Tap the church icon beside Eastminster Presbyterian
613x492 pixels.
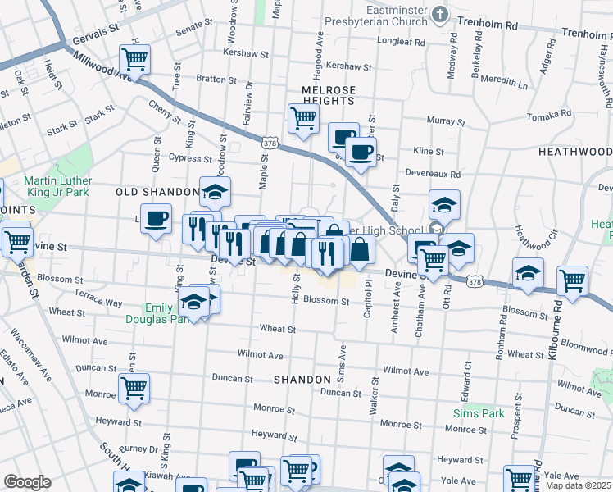coord(441,14)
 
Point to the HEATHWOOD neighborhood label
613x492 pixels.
coord(575,152)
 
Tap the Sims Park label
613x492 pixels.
coord(479,413)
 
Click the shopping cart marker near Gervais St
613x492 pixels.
coord(134,59)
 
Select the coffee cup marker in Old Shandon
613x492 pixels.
coord(156,219)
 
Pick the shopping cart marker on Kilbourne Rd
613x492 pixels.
coord(572,280)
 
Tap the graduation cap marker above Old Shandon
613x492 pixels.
coord(215,193)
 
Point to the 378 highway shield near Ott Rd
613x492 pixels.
coord(474,281)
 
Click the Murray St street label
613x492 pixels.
coord(446,121)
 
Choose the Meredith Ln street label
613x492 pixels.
coord(504,82)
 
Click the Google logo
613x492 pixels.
coord(27,481)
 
